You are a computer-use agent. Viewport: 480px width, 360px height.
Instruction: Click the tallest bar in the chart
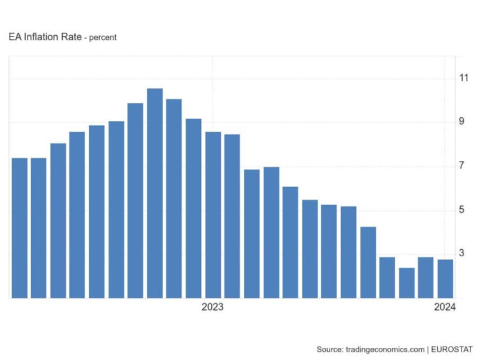click(x=155, y=192)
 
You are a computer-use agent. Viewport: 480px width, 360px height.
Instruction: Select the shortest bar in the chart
click(x=406, y=282)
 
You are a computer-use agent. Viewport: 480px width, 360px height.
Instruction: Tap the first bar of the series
click(x=20, y=227)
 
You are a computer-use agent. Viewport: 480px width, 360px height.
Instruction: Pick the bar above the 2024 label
click(x=445, y=279)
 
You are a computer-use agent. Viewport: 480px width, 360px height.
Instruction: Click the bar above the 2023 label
click(x=213, y=215)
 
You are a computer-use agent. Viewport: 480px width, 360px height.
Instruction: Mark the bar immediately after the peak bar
click(x=174, y=198)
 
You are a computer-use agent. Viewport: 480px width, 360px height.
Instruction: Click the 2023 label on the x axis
click(x=212, y=307)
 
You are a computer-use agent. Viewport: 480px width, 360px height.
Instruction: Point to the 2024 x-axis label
click(x=444, y=307)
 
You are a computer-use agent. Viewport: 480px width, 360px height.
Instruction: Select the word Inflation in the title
click(x=40, y=37)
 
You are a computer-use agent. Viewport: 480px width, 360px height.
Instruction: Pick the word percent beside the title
click(x=102, y=38)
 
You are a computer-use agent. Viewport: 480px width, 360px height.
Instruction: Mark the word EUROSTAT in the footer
click(x=452, y=349)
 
